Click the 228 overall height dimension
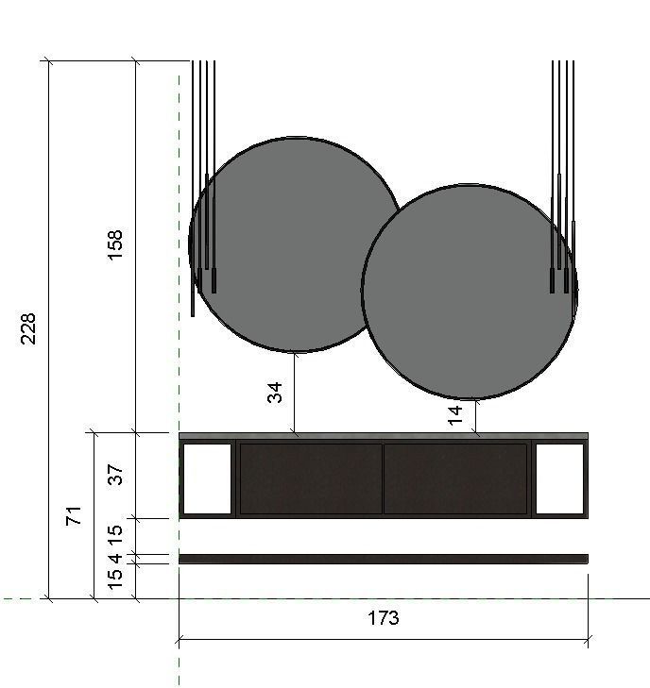[28, 328]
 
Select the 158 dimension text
[115, 244]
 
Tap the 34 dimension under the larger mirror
[275, 392]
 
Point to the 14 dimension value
[456, 415]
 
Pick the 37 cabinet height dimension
[115, 475]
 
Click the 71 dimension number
[74, 515]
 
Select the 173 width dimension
[383, 618]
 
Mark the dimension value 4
[115, 559]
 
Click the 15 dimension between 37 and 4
[115, 534]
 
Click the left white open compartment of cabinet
[207, 478]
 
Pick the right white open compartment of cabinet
[559, 478]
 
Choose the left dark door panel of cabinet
[311, 478]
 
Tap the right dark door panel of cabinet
[455, 478]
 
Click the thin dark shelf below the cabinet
[383, 559]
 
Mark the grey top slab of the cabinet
[383, 436]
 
